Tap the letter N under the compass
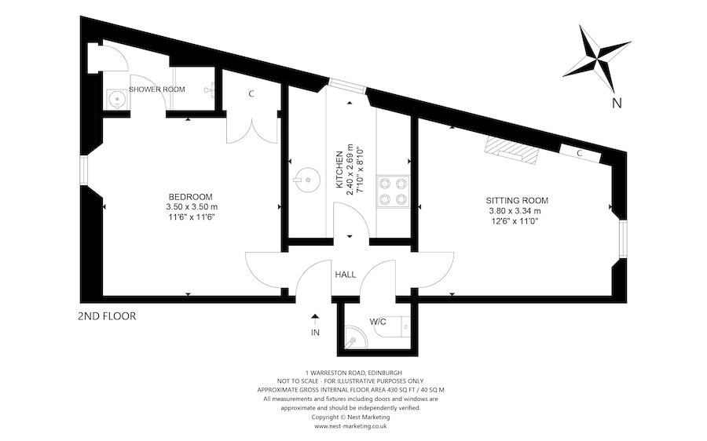[x=617, y=103]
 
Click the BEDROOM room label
[x=190, y=196]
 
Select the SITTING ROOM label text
[x=517, y=200]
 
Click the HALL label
[x=346, y=275]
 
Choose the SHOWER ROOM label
[x=157, y=89]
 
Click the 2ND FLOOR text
[x=107, y=317]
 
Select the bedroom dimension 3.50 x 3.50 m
[x=190, y=206]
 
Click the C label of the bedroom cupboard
[x=251, y=94]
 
